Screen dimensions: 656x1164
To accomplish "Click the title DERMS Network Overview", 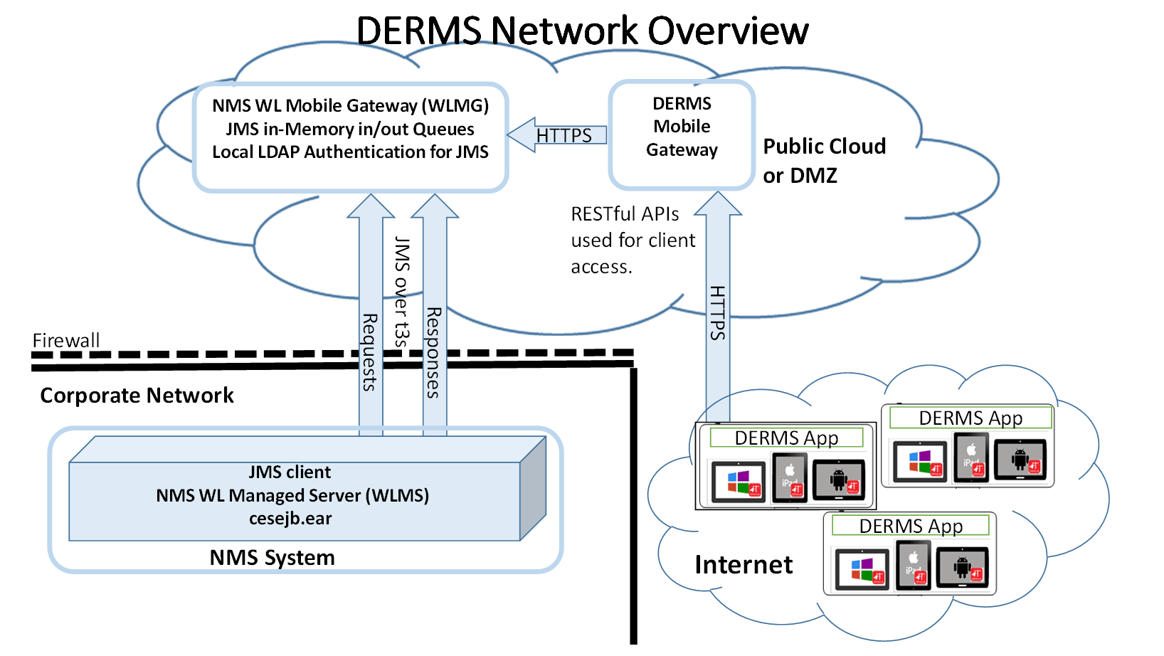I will [582, 31].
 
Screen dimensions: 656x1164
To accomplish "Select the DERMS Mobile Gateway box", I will [682, 134].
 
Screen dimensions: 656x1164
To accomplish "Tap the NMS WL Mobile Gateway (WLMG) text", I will [350, 105].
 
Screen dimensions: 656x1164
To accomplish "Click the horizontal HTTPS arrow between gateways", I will [559, 134].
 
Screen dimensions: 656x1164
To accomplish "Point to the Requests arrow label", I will [370, 352].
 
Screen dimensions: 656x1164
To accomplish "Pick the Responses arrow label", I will [433, 352].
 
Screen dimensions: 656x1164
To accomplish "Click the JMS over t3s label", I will [402, 292].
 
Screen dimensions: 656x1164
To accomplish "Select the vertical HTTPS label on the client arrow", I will [717, 313].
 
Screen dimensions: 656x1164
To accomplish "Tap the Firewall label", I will [66, 340].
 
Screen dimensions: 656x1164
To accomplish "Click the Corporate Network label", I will [137, 396].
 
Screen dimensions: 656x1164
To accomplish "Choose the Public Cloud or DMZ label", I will [824, 161].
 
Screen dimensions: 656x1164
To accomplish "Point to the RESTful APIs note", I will [633, 240].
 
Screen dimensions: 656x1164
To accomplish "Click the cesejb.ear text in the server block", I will [290, 519].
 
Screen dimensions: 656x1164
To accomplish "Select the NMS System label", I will [272, 558].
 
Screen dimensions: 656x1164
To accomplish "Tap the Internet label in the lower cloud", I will [744, 565].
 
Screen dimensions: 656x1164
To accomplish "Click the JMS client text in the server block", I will [290, 472].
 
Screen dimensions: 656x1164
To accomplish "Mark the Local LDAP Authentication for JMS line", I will [350, 152].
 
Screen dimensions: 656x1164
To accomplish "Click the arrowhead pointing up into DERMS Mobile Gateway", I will [718, 203].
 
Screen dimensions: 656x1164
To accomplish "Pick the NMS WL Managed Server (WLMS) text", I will [292, 495].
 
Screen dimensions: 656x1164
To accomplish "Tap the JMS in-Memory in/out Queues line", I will [350, 129].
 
